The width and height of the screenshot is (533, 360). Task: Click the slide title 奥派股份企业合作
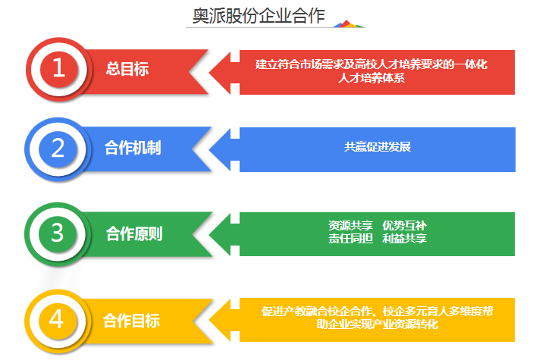click(259, 16)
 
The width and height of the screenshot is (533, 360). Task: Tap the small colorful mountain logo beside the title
click(349, 23)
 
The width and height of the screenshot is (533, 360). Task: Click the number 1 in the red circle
click(59, 67)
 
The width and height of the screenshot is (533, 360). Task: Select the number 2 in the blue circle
click(58, 149)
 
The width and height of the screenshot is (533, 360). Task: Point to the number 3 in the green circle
click(58, 233)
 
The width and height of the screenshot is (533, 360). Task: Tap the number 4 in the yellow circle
click(56, 319)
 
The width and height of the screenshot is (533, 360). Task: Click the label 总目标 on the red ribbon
click(127, 69)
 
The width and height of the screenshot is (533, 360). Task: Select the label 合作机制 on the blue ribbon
click(133, 148)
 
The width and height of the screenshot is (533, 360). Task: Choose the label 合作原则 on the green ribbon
click(134, 234)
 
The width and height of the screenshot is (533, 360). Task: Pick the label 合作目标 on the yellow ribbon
click(132, 321)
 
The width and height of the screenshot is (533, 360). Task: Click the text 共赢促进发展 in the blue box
click(378, 147)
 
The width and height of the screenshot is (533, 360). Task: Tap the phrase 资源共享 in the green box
click(350, 225)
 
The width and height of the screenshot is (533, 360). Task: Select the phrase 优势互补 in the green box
click(404, 225)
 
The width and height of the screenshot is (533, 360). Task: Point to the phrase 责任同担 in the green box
click(350, 238)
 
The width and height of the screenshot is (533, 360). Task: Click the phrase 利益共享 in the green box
click(404, 238)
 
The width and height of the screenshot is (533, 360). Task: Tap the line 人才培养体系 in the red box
click(372, 78)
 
